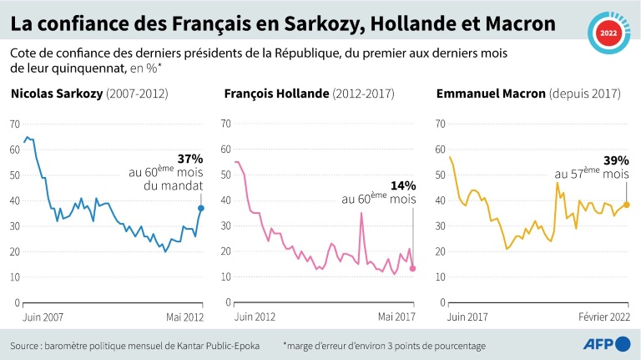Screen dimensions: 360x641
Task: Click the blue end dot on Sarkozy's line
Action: click(200, 208)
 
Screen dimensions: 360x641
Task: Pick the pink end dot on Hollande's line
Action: click(412, 268)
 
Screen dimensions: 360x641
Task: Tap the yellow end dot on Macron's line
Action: click(626, 204)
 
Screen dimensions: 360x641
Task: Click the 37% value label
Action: click(190, 159)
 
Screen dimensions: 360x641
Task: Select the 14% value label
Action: click(404, 185)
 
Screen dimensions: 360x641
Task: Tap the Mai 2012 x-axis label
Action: click(185, 317)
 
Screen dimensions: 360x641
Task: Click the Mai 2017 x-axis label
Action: click(398, 317)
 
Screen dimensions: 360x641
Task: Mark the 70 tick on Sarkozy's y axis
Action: click(14, 124)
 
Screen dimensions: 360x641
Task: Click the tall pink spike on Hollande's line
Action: click(361, 214)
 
